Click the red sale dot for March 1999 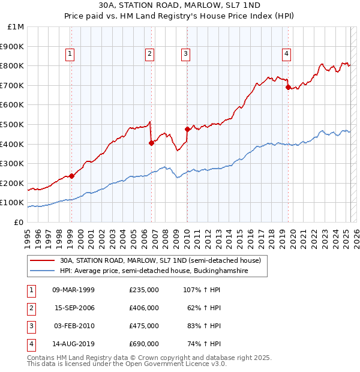71,176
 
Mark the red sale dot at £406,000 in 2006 151,143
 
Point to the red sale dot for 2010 187,129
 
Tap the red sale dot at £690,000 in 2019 288,87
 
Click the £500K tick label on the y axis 13,124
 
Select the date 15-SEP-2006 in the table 74,308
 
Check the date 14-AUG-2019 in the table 74,344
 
